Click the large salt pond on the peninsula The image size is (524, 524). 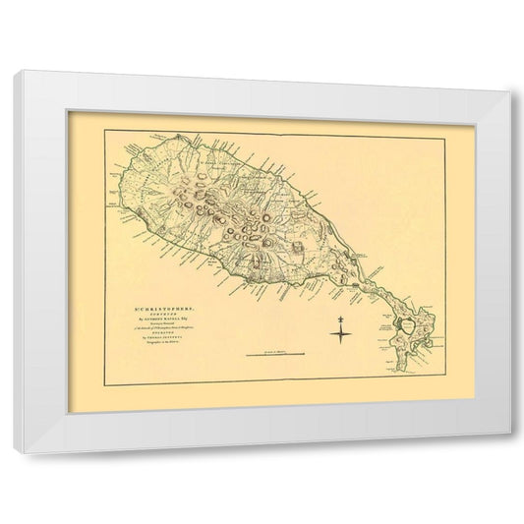(x=404, y=324)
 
